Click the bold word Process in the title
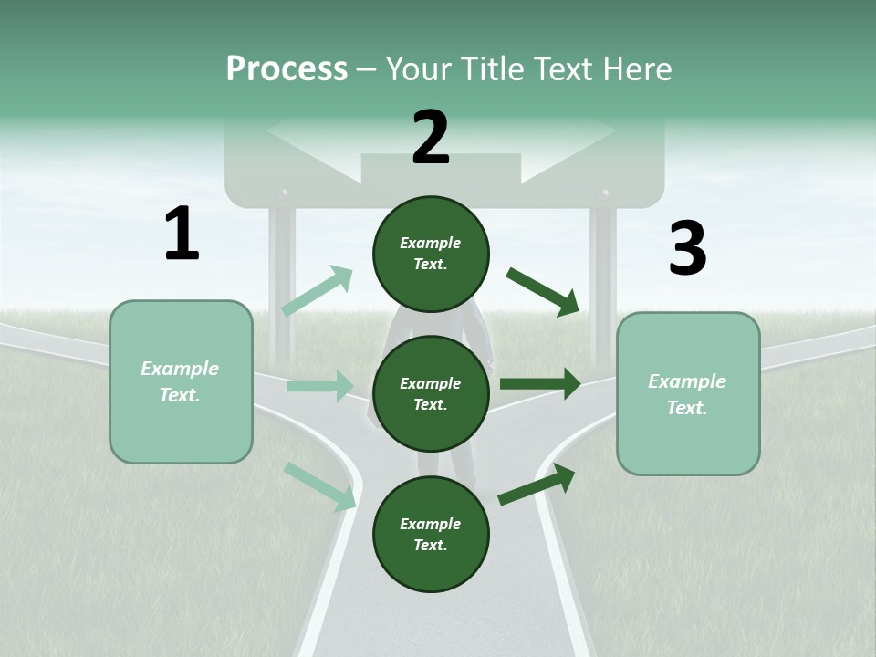(x=287, y=68)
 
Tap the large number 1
(x=182, y=235)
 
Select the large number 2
(x=431, y=138)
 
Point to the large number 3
(x=687, y=248)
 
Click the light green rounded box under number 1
(x=181, y=381)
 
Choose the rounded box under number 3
(x=688, y=394)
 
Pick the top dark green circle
(x=431, y=254)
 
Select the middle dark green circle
(x=431, y=393)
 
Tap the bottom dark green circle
(x=431, y=534)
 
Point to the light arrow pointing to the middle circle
(x=319, y=386)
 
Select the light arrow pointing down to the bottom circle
(x=319, y=485)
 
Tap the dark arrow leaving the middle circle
(x=540, y=384)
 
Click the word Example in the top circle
(x=430, y=243)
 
